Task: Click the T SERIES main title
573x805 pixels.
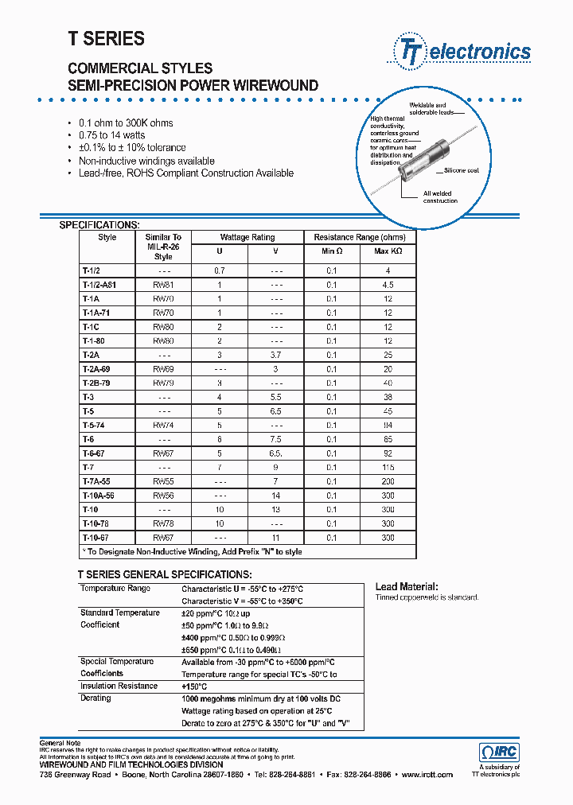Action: (x=106, y=38)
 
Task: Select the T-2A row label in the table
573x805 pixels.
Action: (x=90, y=355)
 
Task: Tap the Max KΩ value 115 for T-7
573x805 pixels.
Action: (x=388, y=467)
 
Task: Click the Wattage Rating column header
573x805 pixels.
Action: (x=247, y=237)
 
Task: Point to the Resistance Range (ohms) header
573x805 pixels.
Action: (x=360, y=237)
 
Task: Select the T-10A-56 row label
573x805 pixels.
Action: (x=98, y=496)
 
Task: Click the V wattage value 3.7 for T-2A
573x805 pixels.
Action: (x=276, y=355)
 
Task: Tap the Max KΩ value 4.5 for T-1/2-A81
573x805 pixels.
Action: (x=388, y=284)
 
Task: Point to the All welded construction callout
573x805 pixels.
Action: (x=440, y=196)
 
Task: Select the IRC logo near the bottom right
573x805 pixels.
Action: (x=500, y=752)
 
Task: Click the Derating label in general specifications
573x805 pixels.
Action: (x=95, y=698)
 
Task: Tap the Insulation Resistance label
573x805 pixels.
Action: (x=119, y=686)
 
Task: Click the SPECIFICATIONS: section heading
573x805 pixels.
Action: (x=99, y=225)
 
